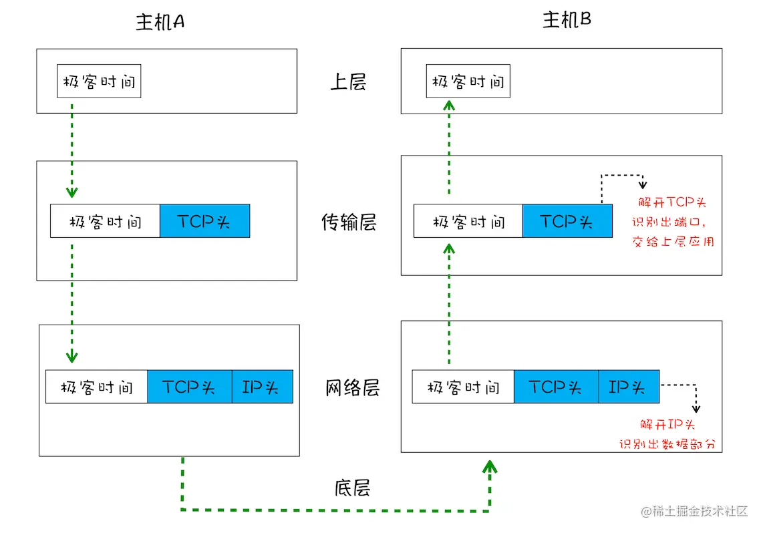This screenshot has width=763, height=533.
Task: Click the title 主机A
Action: coord(160,23)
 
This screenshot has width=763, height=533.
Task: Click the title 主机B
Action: coord(566,21)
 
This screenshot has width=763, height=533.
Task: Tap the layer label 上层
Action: coord(348,82)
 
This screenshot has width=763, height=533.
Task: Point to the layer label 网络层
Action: coord(352,388)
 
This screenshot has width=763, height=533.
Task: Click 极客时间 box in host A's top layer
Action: coord(99,81)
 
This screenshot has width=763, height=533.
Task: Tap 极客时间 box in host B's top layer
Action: coord(468,81)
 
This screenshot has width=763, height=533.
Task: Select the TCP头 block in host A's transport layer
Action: coord(204,221)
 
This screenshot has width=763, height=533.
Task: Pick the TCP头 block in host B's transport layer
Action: coord(567,221)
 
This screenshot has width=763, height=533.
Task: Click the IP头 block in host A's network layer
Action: coord(263,387)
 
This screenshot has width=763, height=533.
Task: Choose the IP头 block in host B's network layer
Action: coord(629,387)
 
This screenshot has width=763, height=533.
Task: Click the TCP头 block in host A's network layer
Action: coord(190,387)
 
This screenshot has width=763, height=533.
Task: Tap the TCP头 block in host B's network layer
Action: coord(556,387)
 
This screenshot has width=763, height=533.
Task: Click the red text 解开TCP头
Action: coord(672,202)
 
